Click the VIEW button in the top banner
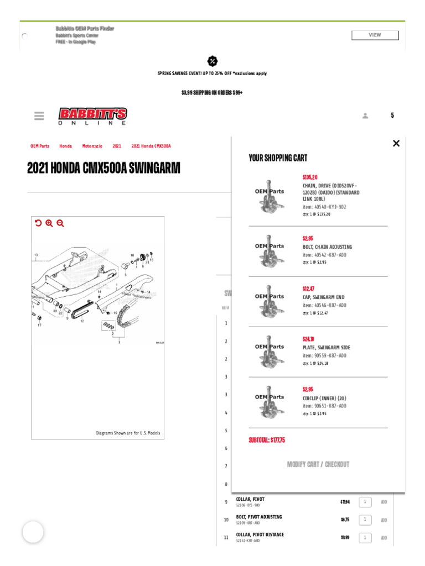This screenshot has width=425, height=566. [x=375, y=35]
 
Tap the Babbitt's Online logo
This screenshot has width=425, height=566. [x=93, y=116]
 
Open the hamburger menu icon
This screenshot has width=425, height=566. [x=39, y=116]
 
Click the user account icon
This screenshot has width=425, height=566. [x=365, y=116]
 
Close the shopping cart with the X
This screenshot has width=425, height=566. [x=396, y=144]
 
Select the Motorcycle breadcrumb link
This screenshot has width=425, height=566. [x=92, y=146]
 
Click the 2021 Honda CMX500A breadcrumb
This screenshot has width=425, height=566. [x=151, y=146]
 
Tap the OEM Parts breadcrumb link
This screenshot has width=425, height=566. [x=40, y=146]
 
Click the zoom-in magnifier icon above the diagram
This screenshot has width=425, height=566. [x=49, y=223]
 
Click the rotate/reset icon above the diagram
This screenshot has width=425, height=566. [x=38, y=223]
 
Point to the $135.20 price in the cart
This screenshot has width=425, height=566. [x=310, y=177]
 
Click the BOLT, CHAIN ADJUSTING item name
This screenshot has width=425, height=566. [x=327, y=247]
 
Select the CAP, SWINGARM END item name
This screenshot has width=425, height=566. [x=324, y=297]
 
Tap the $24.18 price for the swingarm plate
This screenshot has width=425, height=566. [x=308, y=339]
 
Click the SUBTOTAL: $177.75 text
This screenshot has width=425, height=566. [x=267, y=440]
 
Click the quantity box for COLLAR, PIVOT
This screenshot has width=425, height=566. [x=365, y=502]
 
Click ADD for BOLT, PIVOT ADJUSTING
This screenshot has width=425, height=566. [x=384, y=520]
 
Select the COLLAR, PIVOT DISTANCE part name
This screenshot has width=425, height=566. [x=260, y=534]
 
